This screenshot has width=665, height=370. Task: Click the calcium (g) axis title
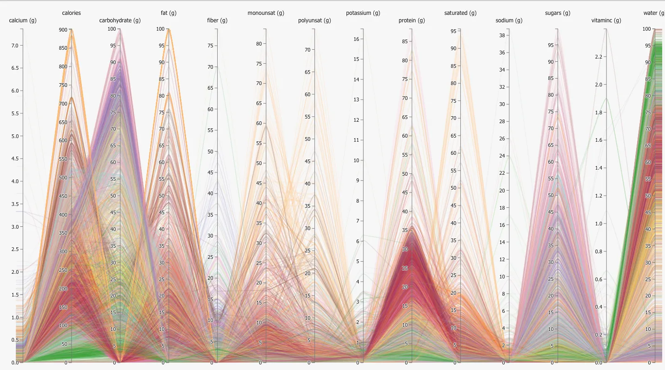23,20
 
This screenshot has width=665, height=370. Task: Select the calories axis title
71,13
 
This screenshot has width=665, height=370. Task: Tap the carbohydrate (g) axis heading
120,20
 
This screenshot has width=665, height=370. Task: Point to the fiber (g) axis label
217,20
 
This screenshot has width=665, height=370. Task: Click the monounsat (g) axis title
266,13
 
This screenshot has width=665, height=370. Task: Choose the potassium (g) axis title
363,13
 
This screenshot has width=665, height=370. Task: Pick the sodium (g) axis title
509,20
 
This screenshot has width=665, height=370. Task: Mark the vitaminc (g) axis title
606,20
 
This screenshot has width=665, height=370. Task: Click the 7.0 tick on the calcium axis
14,46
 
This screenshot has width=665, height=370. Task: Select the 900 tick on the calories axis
64,30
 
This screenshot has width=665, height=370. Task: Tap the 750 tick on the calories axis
64,85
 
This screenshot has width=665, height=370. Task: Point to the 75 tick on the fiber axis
210,46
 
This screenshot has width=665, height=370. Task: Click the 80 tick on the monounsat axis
259,44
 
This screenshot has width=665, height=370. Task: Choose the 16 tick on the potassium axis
356,39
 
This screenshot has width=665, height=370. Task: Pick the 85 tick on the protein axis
405,41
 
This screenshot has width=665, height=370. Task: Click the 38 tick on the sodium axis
502,35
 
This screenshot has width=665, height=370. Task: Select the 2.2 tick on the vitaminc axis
598,57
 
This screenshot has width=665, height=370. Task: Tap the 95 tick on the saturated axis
453,31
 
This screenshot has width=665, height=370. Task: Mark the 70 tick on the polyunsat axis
307,50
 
